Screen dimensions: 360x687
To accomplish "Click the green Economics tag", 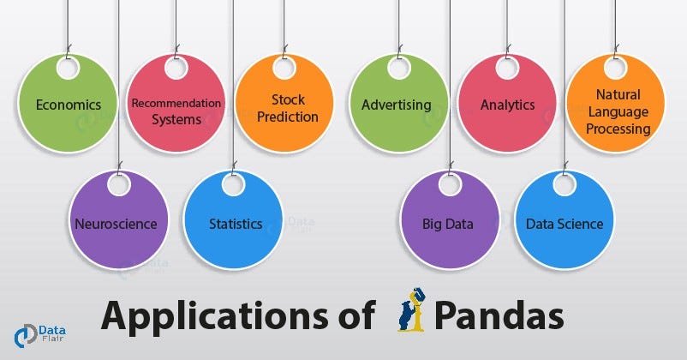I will [x=69, y=105].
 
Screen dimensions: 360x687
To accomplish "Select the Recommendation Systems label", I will [x=176, y=111].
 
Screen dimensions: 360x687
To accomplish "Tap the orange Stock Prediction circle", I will [x=288, y=108].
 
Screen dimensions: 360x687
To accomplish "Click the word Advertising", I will [x=396, y=105].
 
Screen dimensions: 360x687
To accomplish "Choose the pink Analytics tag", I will [x=507, y=105].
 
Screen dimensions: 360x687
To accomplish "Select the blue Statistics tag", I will [x=235, y=224].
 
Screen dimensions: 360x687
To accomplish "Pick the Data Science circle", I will [x=564, y=224].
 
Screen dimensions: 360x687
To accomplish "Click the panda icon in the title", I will [x=411, y=313].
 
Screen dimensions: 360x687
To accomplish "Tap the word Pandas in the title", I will [x=499, y=315].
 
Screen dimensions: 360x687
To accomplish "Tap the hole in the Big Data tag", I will [x=451, y=184].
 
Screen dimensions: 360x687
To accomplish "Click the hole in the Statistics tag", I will [x=233, y=184].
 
